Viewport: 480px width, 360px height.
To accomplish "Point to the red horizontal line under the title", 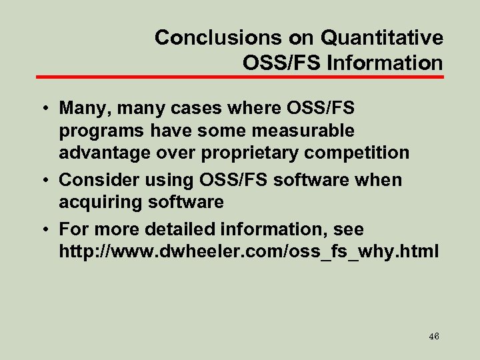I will [x=239, y=77].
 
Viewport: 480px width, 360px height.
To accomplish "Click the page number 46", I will [x=434, y=337].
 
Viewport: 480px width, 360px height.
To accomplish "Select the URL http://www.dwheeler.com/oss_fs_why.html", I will [x=249, y=252].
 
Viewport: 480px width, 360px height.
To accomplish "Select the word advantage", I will [x=105, y=153].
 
